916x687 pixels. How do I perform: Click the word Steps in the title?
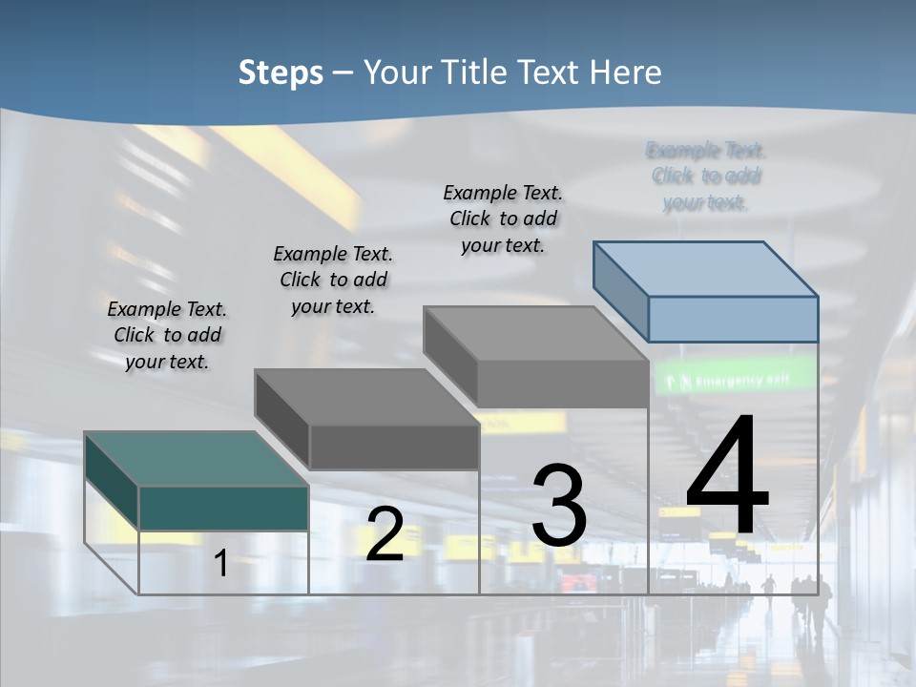coord(281,73)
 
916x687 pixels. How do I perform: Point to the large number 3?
coord(559,506)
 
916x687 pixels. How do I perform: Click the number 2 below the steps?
coord(385,534)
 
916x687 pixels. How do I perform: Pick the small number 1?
coord(220,564)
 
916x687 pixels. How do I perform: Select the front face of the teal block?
coord(223,508)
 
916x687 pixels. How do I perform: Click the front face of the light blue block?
coord(733,319)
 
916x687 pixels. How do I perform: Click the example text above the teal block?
coord(167,335)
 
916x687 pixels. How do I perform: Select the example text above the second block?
coord(333,280)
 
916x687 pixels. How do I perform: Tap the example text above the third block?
coord(503,219)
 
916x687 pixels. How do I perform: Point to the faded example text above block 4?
coord(706,177)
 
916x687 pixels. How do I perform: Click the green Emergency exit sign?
coord(735,380)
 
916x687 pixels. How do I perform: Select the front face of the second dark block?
coord(393,447)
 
